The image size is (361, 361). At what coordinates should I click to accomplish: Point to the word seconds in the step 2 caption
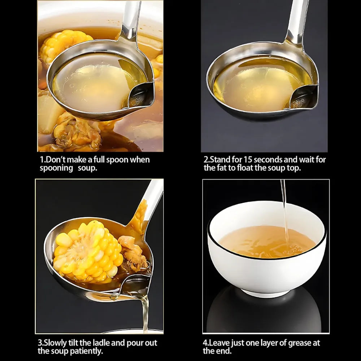[268, 160]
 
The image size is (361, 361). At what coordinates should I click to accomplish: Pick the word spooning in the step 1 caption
[56, 168]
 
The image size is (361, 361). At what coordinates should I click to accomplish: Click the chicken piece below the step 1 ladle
[77, 134]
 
